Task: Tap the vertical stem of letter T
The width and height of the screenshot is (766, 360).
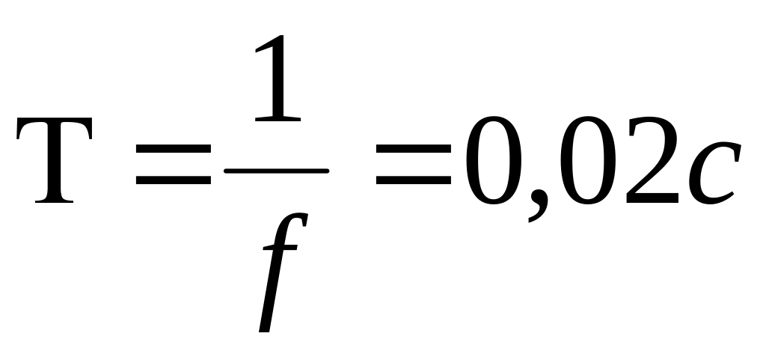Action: [55, 165]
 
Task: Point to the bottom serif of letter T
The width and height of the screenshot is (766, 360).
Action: [55, 201]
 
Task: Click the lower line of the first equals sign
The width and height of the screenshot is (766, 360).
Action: [172, 182]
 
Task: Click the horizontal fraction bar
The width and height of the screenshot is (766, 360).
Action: [276, 171]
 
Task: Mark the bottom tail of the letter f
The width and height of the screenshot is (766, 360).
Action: [263, 326]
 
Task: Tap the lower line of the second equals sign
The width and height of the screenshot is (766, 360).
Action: [416, 182]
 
